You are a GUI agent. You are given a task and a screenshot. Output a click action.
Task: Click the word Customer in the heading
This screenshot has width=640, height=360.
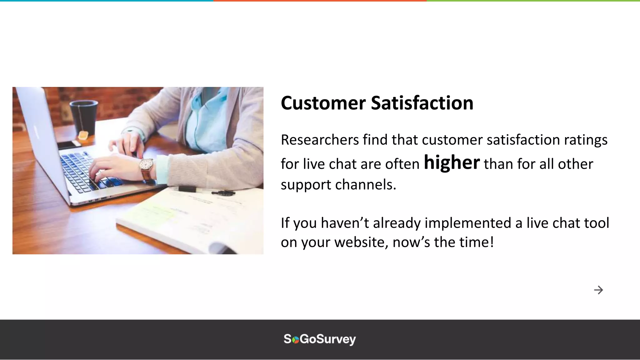pyautogui.click(x=323, y=103)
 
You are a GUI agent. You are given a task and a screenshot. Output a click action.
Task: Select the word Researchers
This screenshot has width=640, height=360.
pyautogui.click(x=320, y=140)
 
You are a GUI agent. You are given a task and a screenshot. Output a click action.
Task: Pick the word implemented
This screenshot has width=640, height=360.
pyautogui.click(x=468, y=223)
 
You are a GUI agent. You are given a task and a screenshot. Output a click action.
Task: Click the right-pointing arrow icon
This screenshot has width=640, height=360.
pyautogui.click(x=598, y=290)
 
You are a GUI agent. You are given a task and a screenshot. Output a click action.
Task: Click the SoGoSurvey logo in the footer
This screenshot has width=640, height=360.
pyautogui.click(x=320, y=339)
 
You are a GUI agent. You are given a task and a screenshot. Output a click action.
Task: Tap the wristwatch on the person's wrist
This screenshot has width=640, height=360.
pyautogui.click(x=146, y=166)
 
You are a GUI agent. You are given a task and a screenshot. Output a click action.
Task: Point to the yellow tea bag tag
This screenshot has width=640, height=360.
pyautogui.click(x=83, y=136)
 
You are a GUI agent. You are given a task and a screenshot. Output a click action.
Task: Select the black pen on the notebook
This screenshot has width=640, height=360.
pyautogui.click(x=223, y=193)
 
